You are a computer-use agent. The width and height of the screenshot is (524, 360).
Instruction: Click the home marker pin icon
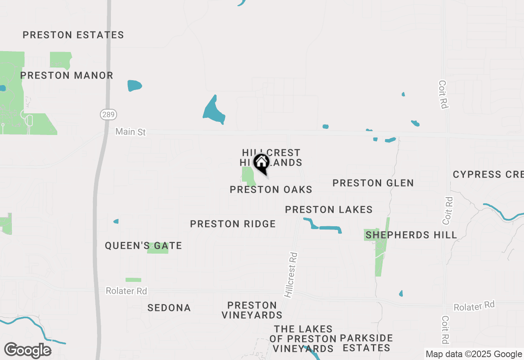tap(261, 163)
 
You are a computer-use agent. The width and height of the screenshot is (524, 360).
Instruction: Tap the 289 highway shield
tap(108, 115)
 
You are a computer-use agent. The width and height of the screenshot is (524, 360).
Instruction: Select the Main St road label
tap(130, 132)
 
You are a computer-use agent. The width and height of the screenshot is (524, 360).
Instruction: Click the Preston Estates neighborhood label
tap(73, 35)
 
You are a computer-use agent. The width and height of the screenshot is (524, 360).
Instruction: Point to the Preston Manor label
tap(67, 75)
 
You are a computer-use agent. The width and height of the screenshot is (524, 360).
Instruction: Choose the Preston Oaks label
tap(271, 189)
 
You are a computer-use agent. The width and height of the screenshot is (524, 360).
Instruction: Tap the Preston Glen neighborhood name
tap(373, 183)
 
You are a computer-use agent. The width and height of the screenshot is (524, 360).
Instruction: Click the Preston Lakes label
tap(329, 210)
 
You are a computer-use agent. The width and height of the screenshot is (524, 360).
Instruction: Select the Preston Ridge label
tap(233, 224)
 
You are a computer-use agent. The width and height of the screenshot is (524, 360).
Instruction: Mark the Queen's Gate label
tap(143, 245)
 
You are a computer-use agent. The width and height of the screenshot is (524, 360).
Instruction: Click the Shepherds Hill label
tap(411, 235)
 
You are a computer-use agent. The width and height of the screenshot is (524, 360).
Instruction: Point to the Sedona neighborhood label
tap(169, 308)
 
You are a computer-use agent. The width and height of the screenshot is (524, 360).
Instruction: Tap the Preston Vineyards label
tap(252, 310)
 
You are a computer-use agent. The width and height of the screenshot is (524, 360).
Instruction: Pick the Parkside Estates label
tap(366, 343)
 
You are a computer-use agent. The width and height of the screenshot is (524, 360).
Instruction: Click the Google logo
tap(27, 351)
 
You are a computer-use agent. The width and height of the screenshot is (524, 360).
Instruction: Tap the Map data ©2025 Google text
tap(474, 354)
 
